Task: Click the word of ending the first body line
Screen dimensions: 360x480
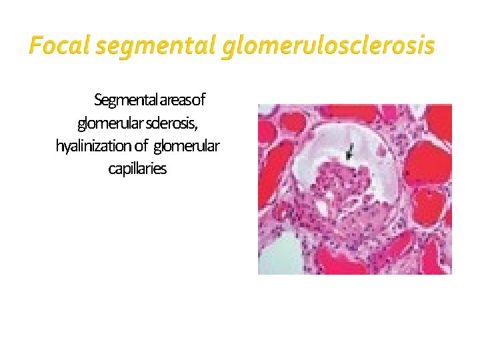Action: click(x=199, y=101)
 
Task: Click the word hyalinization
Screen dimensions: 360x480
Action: click(x=93, y=146)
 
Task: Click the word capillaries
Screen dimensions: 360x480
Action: click(x=137, y=169)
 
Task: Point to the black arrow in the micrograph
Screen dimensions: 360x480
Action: click(x=349, y=153)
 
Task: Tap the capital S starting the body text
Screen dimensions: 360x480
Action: click(x=98, y=101)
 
